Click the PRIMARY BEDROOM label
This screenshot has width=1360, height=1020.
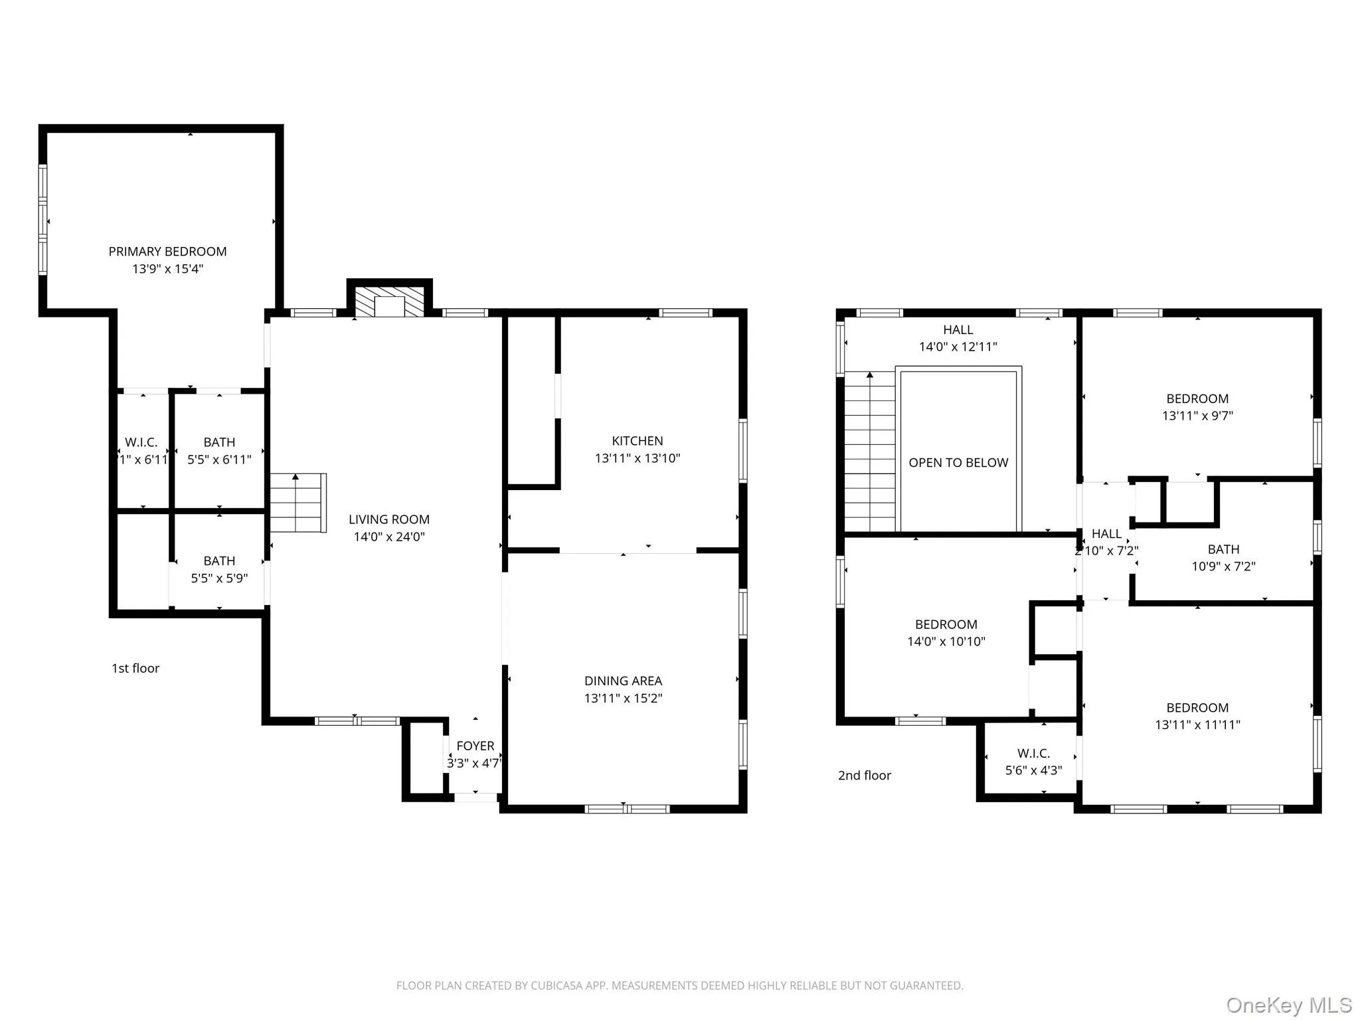click(x=167, y=252)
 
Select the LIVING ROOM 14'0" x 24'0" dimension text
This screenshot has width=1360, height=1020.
click(x=388, y=537)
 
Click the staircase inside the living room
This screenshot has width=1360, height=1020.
click(x=297, y=503)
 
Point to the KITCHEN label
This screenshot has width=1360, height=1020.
click(x=637, y=441)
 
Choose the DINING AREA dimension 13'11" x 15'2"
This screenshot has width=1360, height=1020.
click(x=623, y=698)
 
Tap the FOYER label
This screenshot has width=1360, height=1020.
click(x=475, y=746)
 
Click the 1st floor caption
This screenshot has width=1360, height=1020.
click(x=135, y=668)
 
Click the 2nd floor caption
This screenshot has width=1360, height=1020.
click(x=864, y=775)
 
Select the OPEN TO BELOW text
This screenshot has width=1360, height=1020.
click(x=958, y=463)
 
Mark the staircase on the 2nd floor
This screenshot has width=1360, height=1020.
click(x=869, y=452)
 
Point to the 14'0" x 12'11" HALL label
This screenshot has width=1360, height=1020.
click(x=958, y=338)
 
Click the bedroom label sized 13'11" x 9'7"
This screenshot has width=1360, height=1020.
click(x=1197, y=407)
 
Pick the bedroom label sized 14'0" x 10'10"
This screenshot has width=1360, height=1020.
click(x=946, y=633)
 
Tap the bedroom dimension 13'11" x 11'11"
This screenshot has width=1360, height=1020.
click(x=1197, y=724)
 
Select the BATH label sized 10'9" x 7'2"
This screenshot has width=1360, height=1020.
click(x=1223, y=558)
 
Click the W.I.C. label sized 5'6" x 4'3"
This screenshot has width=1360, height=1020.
click(x=1033, y=762)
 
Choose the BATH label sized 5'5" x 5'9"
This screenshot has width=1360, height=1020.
click(x=219, y=570)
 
